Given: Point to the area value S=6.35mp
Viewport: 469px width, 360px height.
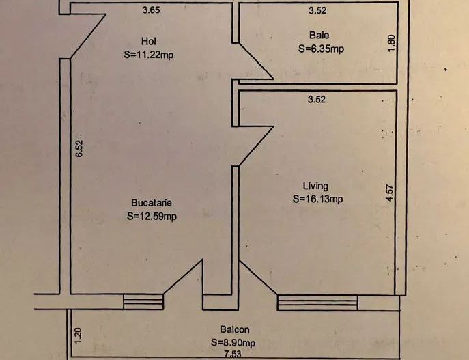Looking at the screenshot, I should (321, 49).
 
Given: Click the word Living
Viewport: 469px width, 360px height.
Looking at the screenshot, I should (315, 186).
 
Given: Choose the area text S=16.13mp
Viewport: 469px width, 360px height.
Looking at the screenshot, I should (317, 199).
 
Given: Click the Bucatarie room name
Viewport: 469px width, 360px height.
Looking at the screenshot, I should (152, 203).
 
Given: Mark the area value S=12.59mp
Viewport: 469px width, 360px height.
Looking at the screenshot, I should (152, 217).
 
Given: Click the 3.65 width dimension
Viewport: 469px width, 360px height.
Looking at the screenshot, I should (151, 10).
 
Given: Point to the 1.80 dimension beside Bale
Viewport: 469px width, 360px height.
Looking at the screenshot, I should (390, 42).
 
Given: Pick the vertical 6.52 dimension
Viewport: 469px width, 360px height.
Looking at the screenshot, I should (79, 149).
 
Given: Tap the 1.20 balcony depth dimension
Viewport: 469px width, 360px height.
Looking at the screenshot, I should (78, 335).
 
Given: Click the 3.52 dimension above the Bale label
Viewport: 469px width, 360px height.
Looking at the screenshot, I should (316, 10).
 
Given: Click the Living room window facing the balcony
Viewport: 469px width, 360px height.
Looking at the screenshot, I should (317, 302).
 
